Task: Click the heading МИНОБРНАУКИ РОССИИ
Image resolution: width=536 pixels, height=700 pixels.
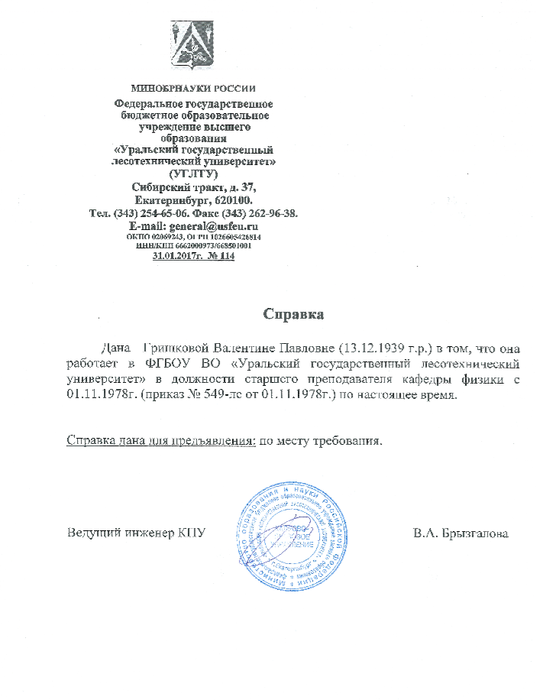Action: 193,89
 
